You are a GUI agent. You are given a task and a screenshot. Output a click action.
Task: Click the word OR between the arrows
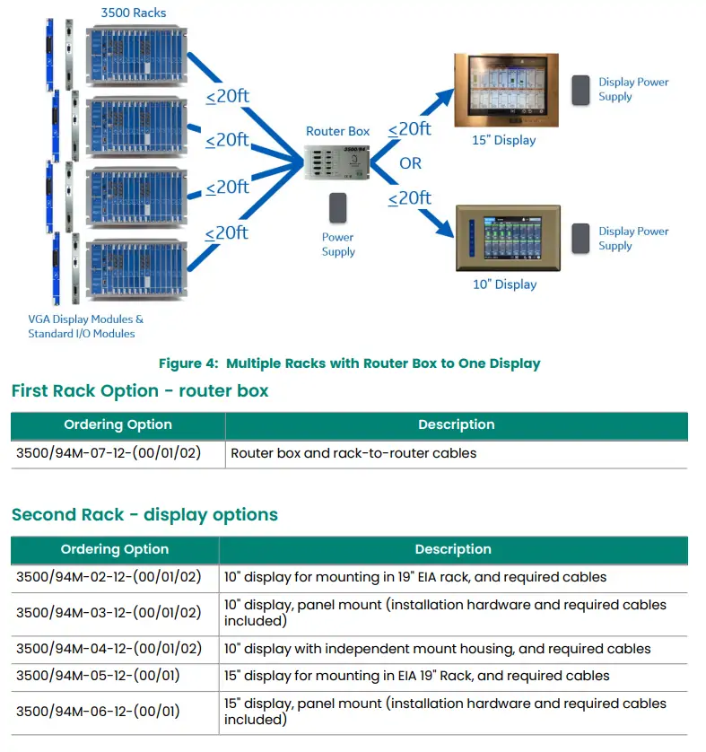click(411, 163)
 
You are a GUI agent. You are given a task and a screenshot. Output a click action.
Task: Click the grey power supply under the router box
click(338, 208)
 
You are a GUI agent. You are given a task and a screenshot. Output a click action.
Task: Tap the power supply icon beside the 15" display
click(581, 89)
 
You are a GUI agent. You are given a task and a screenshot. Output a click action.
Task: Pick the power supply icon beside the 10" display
click(581, 238)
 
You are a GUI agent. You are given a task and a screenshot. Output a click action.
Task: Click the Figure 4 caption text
click(349, 363)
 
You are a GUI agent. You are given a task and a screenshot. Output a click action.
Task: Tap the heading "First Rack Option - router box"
click(140, 391)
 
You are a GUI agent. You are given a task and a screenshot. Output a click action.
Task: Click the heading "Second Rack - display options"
click(144, 515)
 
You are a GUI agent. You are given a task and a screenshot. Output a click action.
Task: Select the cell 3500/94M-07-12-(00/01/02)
click(109, 453)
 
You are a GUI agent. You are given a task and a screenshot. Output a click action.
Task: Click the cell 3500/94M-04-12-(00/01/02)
click(109, 648)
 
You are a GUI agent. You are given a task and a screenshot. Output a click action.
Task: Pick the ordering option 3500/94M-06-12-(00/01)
click(98, 711)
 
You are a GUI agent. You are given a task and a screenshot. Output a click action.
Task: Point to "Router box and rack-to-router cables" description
click(353, 453)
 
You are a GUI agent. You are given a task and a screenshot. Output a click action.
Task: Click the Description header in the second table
click(453, 549)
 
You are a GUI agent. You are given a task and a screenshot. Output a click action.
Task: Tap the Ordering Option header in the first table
click(118, 424)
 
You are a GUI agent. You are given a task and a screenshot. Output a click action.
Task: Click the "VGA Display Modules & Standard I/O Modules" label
click(86, 327)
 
